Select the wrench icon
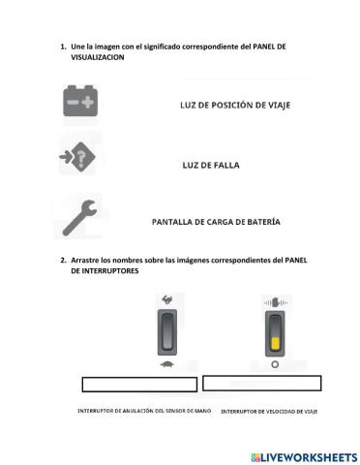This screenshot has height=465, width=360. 78,220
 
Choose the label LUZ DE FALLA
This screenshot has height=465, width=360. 210,165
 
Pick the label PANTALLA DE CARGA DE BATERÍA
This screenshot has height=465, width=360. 217,222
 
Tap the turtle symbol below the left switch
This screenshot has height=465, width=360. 168,363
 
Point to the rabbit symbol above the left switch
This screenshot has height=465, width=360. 167,298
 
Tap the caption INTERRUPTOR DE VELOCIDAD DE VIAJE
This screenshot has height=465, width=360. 268,412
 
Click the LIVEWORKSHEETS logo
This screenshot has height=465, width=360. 304,455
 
